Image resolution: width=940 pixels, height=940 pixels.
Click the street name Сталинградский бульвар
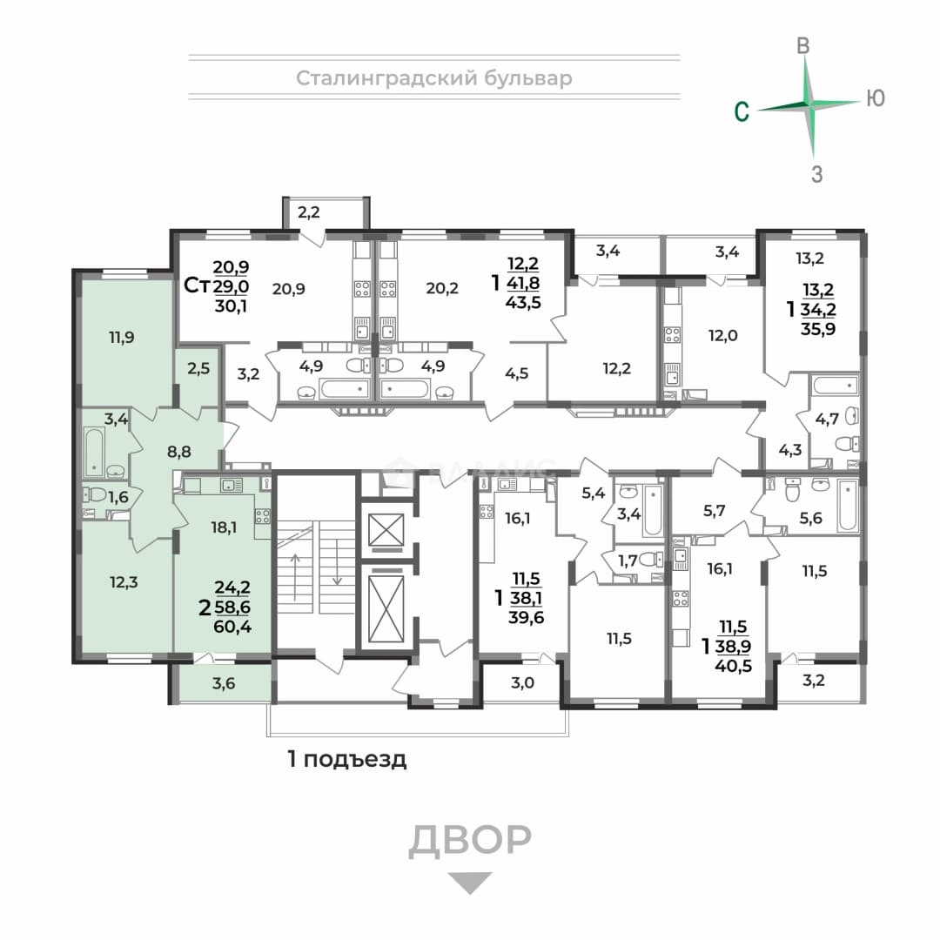434,78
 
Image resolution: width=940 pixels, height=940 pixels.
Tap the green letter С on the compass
742,111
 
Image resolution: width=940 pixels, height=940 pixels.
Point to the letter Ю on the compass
876,98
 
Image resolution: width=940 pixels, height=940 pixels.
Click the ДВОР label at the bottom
470,839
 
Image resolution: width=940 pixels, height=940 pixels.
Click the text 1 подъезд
347,760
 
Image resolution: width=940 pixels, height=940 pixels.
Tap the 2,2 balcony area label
309,211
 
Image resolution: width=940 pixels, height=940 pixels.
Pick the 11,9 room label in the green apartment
122,338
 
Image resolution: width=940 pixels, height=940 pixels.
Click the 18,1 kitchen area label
224,527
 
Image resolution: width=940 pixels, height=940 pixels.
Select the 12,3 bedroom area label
124,581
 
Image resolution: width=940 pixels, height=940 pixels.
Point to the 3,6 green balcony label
224,683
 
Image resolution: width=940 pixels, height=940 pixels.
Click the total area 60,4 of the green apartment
232,628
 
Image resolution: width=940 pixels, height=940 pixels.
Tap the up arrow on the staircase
296,576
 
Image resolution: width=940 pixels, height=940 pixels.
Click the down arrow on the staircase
338,561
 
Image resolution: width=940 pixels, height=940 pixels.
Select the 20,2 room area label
442,288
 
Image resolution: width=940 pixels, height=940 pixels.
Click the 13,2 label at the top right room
810,258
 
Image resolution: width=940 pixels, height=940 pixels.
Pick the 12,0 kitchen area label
723,335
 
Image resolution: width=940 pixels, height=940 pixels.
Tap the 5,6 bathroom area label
810,517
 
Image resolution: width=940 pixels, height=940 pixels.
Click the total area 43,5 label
523,302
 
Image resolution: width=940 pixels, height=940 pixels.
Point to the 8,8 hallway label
179,451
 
